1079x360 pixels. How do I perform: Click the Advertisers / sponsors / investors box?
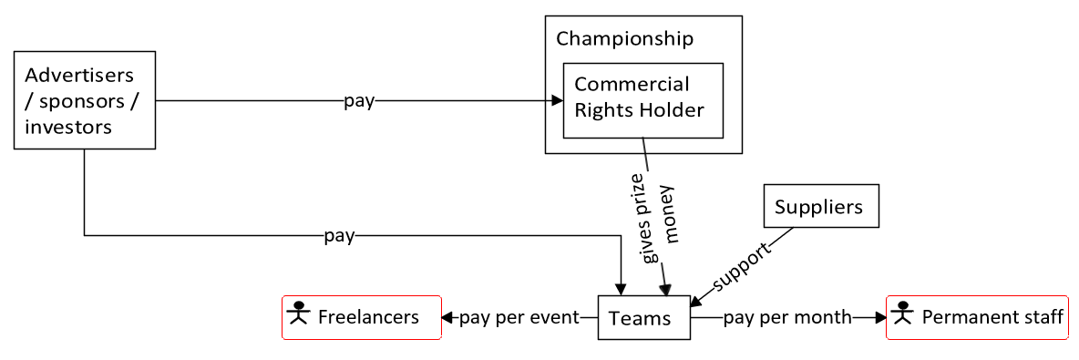[x=85, y=100]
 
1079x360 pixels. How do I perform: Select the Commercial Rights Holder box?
[x=642, y=99]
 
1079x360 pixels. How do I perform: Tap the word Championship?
[x=624, y=39]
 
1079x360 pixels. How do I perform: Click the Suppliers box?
[x=819, y=207]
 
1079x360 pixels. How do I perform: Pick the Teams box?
[x=642, y=317]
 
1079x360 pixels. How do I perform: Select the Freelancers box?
[x=362, y=317]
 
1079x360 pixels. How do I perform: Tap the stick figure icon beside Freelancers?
[x=298, y=315]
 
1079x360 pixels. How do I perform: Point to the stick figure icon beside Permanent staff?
[x=902, y=315]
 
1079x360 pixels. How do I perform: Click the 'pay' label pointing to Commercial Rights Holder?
[x=358, y=101]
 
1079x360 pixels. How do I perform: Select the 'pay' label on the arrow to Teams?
[x=339, y=236]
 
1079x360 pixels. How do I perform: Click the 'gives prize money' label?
[x=661, y=217]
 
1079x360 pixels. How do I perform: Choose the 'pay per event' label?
[x=519, y=317]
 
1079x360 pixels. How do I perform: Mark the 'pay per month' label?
[x=787, y=317]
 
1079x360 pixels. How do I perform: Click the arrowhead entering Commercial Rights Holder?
[x=557, y=101]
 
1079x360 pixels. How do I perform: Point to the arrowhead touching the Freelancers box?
[x=447, y=317]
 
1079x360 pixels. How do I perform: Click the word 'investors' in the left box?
[x=68, y=127]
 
